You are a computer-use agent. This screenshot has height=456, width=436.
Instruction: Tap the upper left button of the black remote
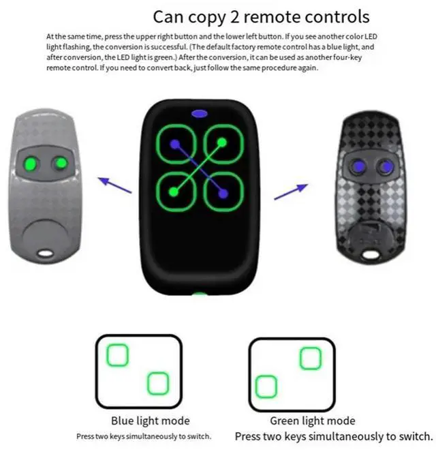[x=176, y=145]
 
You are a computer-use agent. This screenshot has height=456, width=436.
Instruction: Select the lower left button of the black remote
[x=176, y=193]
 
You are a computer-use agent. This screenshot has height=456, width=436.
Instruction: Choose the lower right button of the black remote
[x=223, y=193]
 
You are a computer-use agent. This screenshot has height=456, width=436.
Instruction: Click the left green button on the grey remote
[x=30, y=164]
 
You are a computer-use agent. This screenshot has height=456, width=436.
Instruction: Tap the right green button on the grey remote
[x=61, y=164]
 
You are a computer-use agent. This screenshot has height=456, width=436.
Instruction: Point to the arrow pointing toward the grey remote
[x=114, y=183]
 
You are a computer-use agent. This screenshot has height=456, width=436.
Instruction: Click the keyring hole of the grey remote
[x=46, y=254]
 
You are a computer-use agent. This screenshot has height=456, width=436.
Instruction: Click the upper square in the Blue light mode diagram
[x=118, y=354]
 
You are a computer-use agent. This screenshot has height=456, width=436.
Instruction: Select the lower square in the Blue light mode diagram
[x=157, y=383]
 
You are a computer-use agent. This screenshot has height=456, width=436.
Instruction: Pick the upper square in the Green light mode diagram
[x=310, y=358]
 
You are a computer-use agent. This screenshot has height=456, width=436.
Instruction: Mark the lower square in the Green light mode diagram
[x=266, y=386]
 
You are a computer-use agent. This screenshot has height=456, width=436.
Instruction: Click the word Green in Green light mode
[x=285, y=421]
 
